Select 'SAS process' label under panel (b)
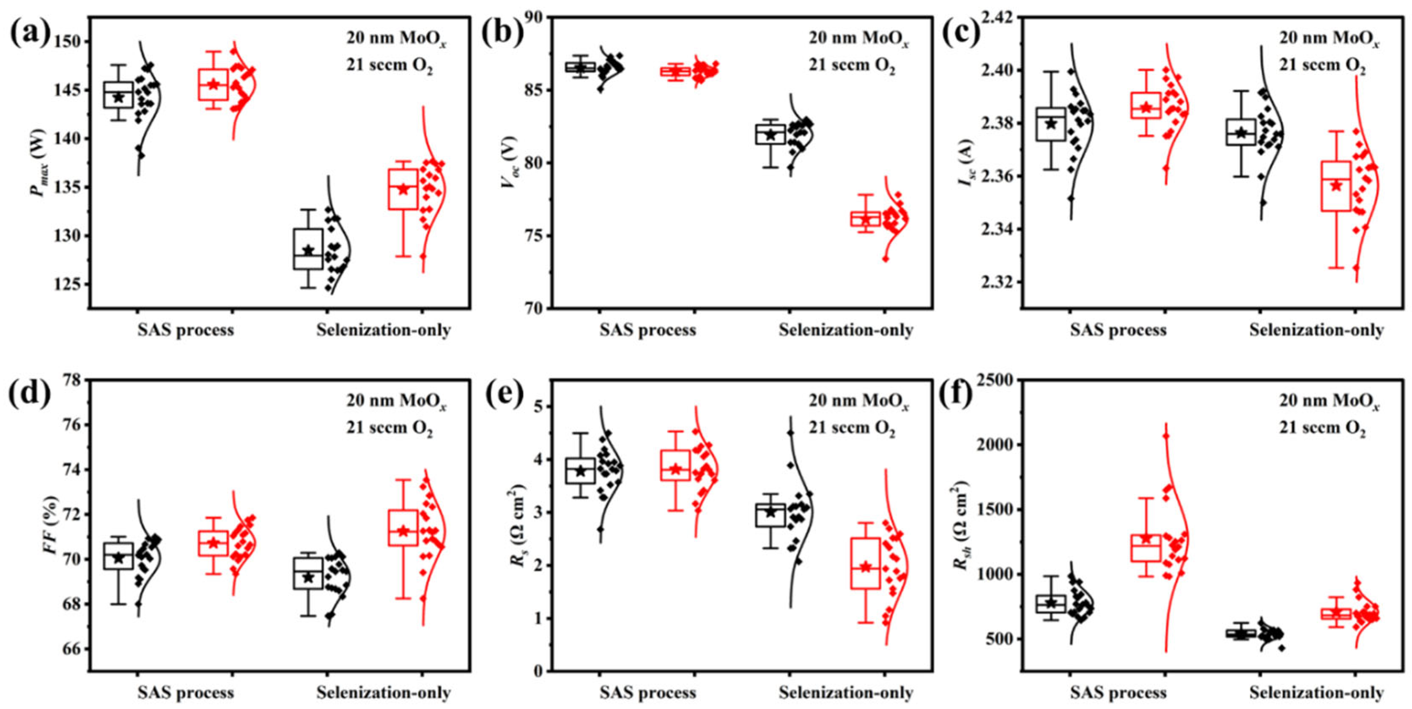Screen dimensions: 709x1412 point(647,330)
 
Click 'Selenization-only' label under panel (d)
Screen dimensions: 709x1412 point(383,693)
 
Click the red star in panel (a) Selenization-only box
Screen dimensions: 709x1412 point(403,189)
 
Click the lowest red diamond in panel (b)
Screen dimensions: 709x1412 point(870,259)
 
